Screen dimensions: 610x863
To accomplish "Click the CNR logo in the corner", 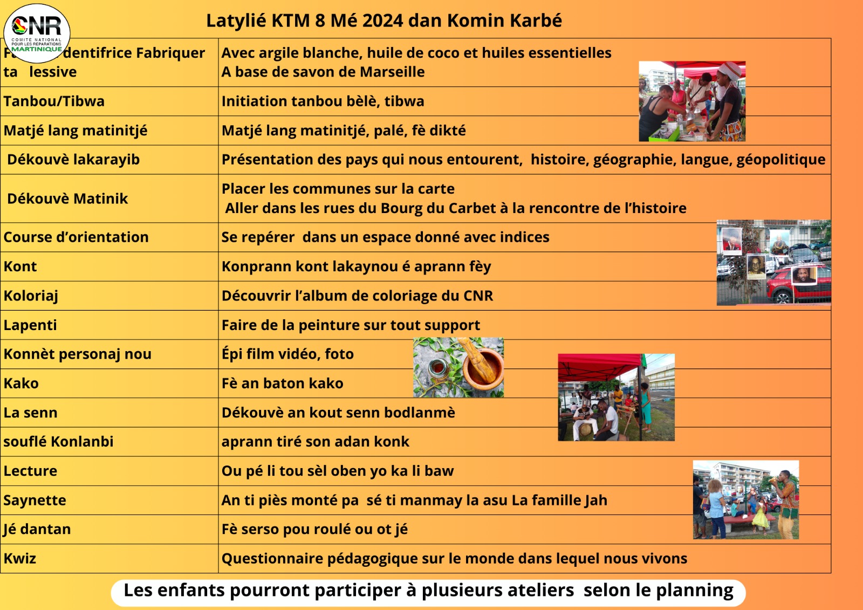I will coord(37,33).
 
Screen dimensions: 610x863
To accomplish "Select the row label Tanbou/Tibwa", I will coord(54,101).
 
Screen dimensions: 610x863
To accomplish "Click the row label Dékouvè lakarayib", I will coord(73,160).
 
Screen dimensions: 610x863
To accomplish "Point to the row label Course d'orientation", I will coord(76,237).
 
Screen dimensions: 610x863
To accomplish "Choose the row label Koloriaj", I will coord(31,296).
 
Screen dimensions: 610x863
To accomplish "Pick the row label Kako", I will coord(21,383).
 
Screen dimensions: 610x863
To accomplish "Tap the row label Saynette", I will coord(35,501).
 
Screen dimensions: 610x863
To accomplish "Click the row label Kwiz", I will coord(20,559).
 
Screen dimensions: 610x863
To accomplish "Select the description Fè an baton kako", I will coord(282,383).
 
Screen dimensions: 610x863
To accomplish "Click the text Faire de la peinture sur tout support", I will coord(351,325).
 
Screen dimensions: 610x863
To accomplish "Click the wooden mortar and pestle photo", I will coord(458,367).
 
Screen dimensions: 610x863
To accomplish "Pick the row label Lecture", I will coord(30,471).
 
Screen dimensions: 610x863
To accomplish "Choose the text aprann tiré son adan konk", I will coord(315,442).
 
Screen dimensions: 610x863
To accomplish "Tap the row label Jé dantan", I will coord(37,530).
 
